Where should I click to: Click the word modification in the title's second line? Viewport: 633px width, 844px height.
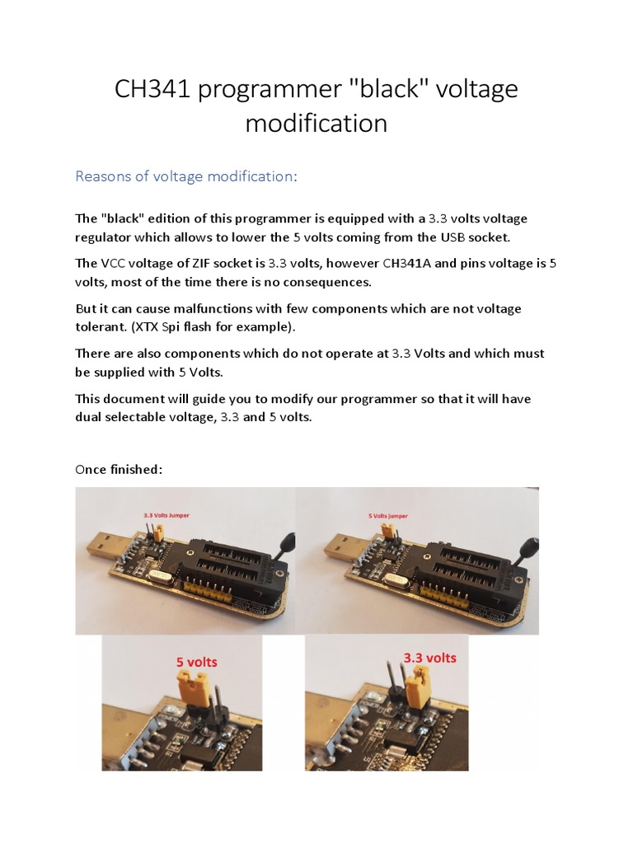316,123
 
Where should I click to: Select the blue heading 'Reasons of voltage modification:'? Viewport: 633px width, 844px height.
185,176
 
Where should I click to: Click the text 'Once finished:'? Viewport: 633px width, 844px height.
119,469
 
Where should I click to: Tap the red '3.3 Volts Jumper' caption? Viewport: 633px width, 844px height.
166,515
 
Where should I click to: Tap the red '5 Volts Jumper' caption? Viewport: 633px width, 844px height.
387,516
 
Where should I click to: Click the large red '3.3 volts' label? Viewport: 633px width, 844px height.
429,658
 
